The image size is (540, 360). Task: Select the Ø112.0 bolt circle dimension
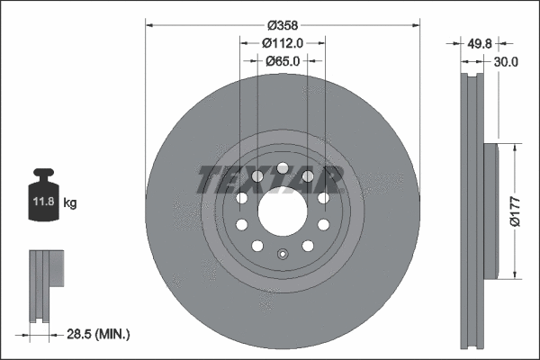point(282,42)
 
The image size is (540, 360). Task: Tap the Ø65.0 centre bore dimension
point(282,61)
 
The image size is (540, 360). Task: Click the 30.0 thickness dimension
point(507,62)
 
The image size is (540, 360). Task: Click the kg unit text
point(70,203)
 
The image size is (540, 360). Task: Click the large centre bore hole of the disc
point(282,210)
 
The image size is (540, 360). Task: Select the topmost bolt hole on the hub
point(282,167)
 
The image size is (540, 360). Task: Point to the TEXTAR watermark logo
point(270,179)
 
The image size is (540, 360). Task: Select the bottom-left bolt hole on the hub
point(256,245)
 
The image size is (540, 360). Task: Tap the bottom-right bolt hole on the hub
point(307,245)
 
